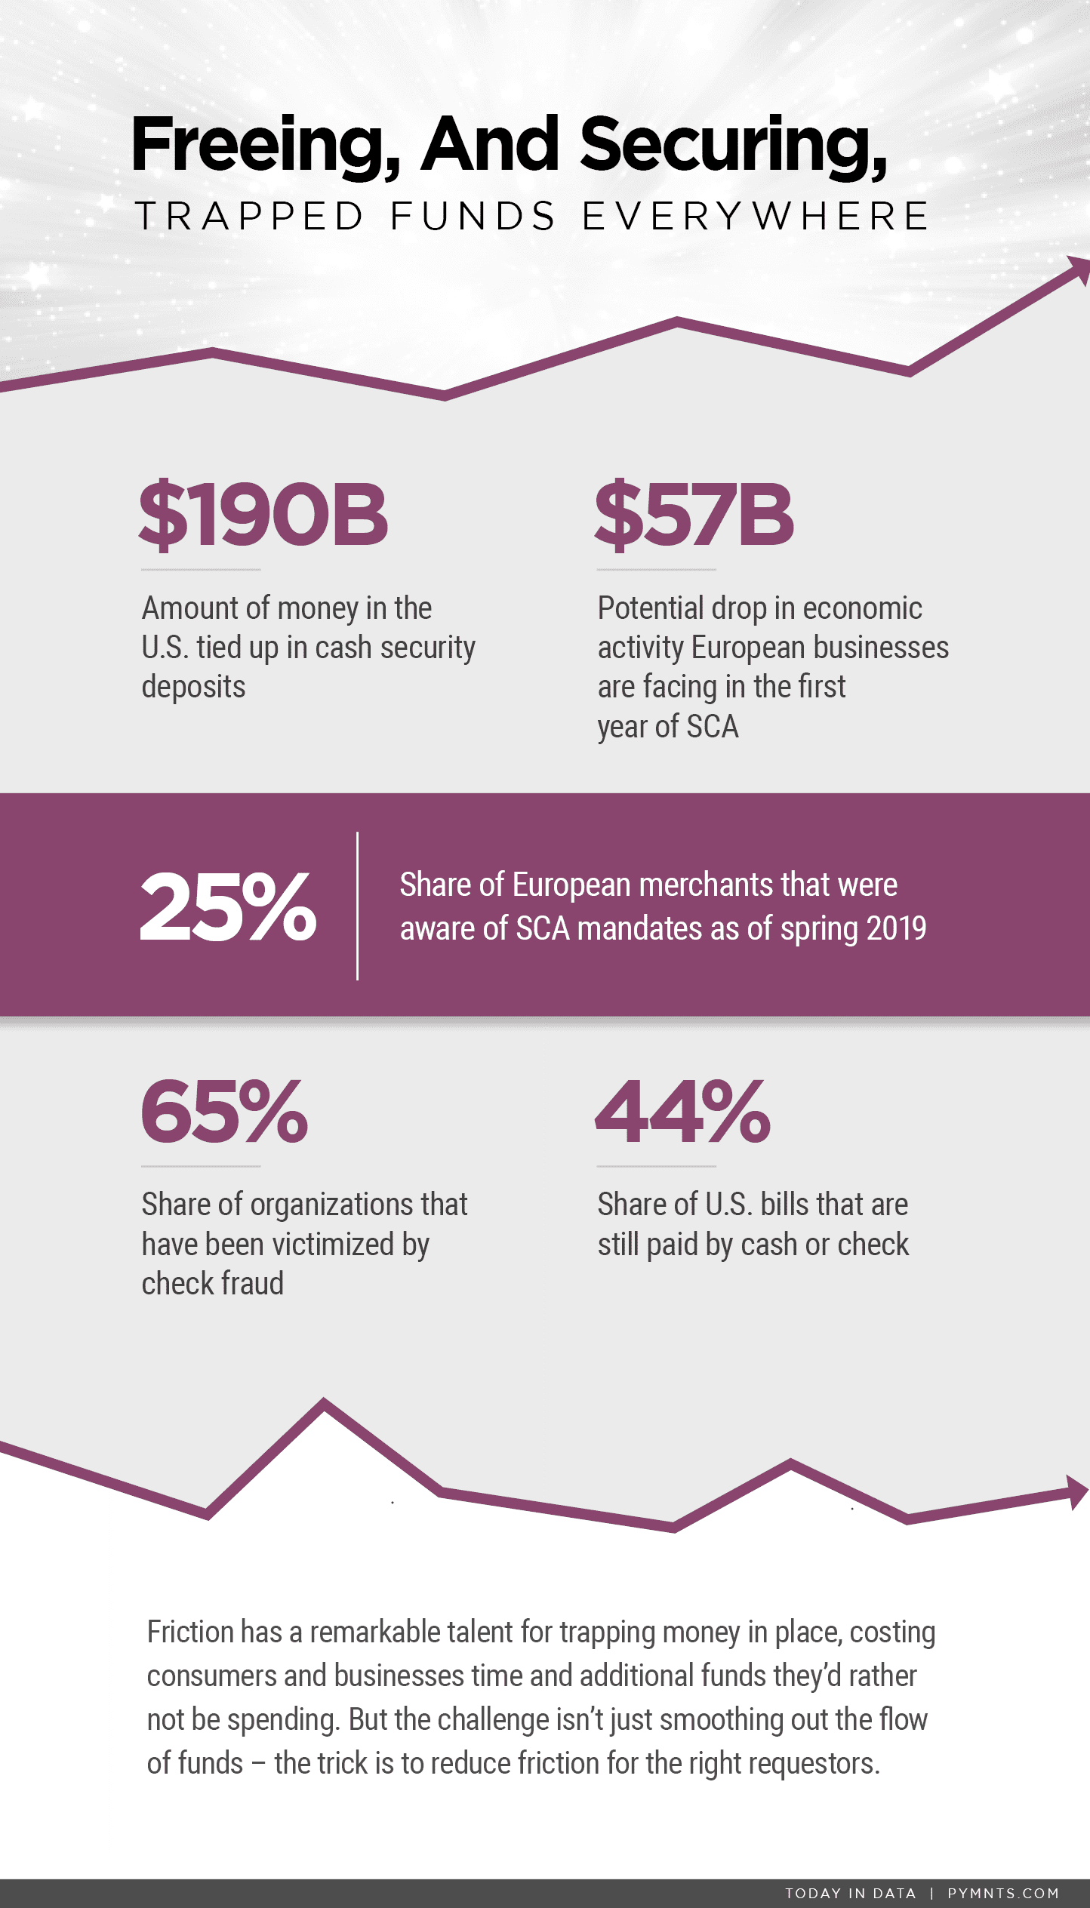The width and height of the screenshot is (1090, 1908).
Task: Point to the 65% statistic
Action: click(x=224, y=1111)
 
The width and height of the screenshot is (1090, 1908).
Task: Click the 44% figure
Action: click(x=682, y=1111)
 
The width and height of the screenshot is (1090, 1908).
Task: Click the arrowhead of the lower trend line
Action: click(x=1077, y=1491)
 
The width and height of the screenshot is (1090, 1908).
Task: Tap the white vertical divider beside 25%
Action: click(x=357, y=906)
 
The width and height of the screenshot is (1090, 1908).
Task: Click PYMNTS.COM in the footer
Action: click(x=1003, y=1893)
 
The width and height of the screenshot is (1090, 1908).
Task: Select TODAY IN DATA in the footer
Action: click(x=850, y=1893)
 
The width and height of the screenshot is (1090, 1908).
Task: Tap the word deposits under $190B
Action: click(x=193, y=687)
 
